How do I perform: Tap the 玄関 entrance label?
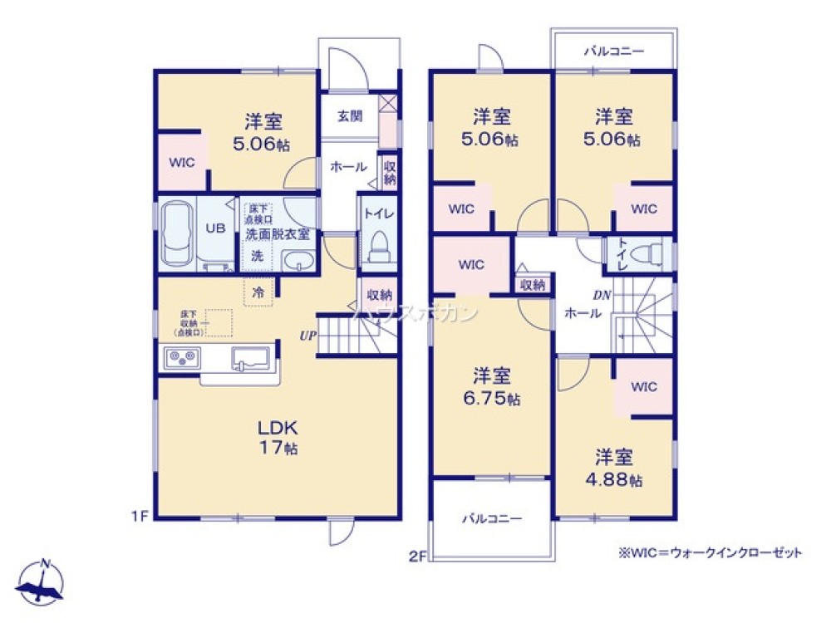click(x=349, y=116)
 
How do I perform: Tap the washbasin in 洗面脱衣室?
click(x=297, y=263)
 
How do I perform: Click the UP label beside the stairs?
click(x=307, y=336)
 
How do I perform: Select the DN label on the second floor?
click(x=602, y=294)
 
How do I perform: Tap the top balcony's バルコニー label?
click(x=613, y=52)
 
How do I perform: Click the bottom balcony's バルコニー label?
click(x=492, y=518)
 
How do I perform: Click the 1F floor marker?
click(x=138, y=516)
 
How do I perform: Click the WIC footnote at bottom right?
click(x=708, y=552)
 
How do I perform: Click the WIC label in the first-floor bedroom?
click(x=182, y=163)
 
